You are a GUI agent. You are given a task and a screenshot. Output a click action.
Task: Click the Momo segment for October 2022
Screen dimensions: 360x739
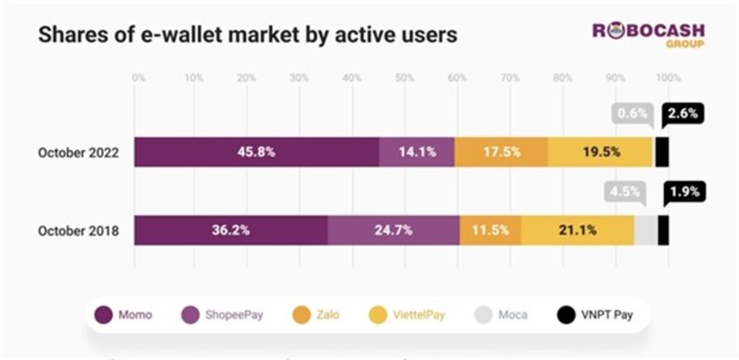click(256, 152)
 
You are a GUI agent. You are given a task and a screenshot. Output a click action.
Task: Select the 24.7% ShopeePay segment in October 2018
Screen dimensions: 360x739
click(393, 230)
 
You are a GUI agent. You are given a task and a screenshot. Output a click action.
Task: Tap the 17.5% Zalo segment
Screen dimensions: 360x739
click(501, 152)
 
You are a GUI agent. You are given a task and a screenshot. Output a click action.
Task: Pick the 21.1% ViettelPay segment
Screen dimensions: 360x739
click(577, 230)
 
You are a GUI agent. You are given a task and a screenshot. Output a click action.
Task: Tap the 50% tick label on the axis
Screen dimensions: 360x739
click(404, 77)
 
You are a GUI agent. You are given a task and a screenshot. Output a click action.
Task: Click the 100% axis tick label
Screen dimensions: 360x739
click(667, 77)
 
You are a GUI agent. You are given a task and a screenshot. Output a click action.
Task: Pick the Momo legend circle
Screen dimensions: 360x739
click(105, 315)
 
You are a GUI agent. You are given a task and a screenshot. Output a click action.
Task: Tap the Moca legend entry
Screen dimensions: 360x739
click(501, 315)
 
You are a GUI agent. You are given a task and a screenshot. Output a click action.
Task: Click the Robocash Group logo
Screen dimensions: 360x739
click(648, 35)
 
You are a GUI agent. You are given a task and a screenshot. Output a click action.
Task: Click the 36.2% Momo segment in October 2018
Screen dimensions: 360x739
click(231, 230)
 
